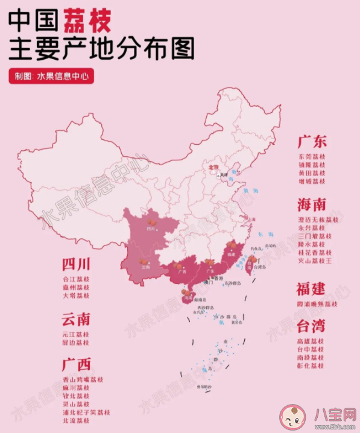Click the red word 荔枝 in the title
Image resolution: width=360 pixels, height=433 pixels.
pyautogui.click(x=84, y=22)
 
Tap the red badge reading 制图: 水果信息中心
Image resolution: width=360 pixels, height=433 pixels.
pyautogui.click(x=51, y=77)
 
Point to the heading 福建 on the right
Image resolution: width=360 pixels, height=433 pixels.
pyautogui.click(x=312, y=288)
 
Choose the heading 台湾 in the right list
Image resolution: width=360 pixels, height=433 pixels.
pyautogui.click(x=312, y=327)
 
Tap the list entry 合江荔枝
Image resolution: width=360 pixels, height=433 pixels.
pyautogui.click(x=75, y=280)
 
